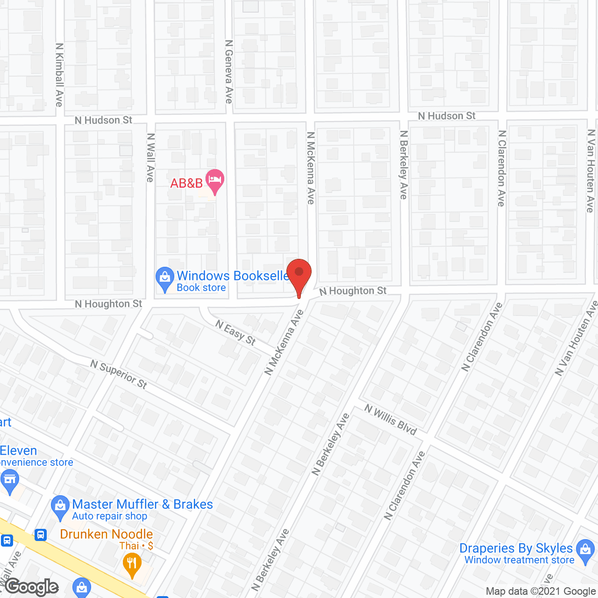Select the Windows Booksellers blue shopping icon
pyautogui.click(x=164, y=278)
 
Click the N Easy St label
pyautogui.click(x=235, y=333)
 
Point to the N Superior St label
pyautogui.click(x=119, y=374)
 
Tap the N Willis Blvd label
pyautogui.click(x=391, y=420)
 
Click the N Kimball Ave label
pyautogui.click(x=59, y=75)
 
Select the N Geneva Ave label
pyautogui.click(x=228, y=71)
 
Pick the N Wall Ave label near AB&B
pyautogui.click(x=150, y=157)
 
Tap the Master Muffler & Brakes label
pyautogui.click(x=142, y=505)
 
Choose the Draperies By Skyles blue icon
pyautogui.click(x=585, y=550)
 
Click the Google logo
pyautogui.click(x=32, y=587)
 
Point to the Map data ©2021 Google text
pyautogui.click(x=541, y=591)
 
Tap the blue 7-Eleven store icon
pyautogui.click(x=9, y=481)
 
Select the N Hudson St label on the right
pyautogui.click(x=447, y=116)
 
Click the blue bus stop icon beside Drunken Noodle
pyautogui.click(x=41, y=534)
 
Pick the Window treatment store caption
pyautogui.click(x=519, y=560)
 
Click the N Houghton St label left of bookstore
pyautogui.click(x=108, y=304)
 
